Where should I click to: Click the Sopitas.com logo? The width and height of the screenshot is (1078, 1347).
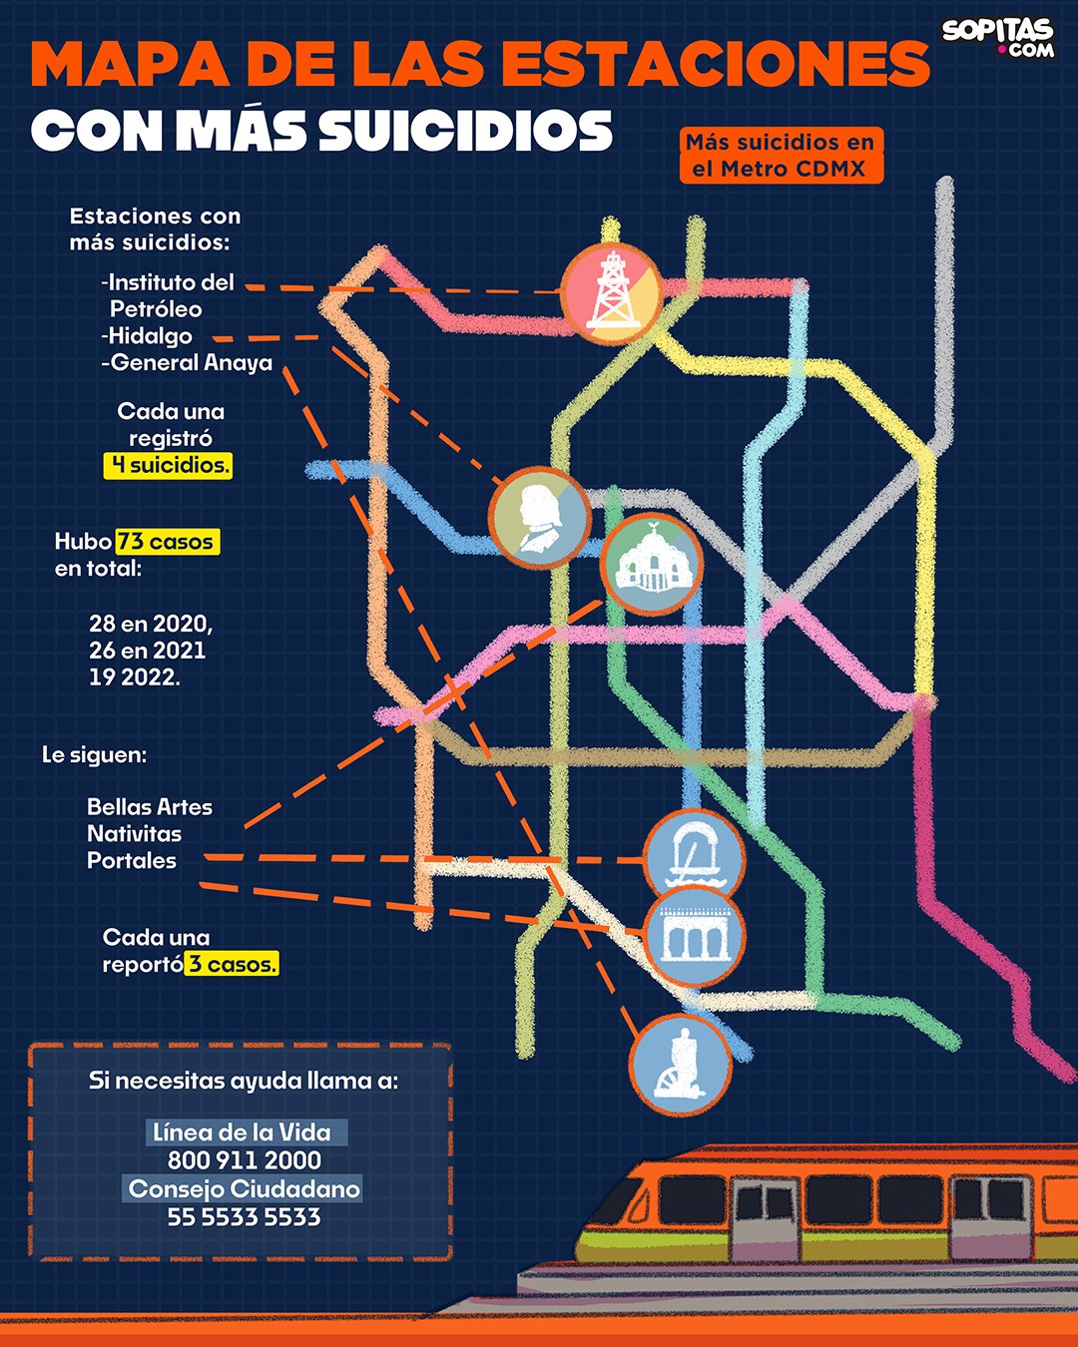point(998,38)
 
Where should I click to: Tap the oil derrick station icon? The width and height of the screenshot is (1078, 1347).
point(611,293)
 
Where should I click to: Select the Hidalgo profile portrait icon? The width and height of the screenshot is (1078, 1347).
point(539,518)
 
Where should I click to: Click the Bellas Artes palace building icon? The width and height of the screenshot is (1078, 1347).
point(652,564)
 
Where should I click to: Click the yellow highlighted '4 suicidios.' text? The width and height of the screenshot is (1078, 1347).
point(169,466)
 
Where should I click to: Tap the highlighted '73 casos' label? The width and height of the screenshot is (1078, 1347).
point(168,542)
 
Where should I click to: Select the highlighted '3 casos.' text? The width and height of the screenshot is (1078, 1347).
point(232,964)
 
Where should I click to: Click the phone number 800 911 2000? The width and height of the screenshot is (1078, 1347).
point(245,1159)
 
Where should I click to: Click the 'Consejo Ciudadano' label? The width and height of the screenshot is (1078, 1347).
point(244,1188)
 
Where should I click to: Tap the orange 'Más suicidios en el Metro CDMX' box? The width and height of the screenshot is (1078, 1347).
point(782,156)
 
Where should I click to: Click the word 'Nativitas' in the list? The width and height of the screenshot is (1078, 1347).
point(134,834)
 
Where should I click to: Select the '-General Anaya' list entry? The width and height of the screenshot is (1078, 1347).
point(187,363)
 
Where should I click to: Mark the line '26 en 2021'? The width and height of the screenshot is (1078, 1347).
point(147,651)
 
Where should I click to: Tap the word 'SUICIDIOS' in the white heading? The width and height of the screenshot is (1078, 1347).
point(465,130)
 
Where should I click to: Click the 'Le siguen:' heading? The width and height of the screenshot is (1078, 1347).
point(94,755)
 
